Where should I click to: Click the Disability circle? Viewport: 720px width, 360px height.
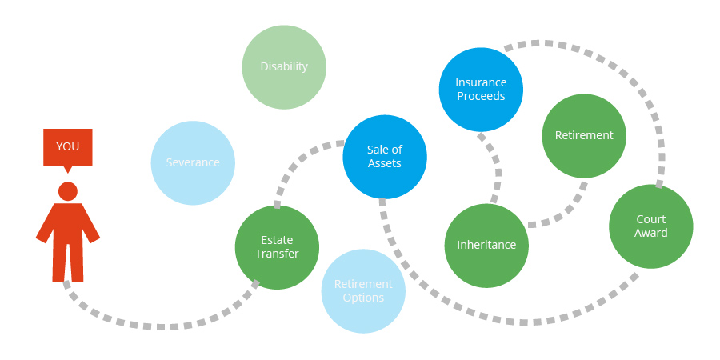pyautogui.click(x=284, y=67)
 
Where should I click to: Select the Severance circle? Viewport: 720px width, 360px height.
pyautogui.click(x=193, y=162)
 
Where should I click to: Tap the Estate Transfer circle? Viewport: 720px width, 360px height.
pyautogui.click(x=277, y=247)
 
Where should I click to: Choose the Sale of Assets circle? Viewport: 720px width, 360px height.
pyautogui.click(x=385, y=157)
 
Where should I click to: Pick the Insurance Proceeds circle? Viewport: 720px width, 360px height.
pyautogui.click(x=481, y=90)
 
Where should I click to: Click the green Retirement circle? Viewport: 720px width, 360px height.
pyautogui.click(x=584, y=136)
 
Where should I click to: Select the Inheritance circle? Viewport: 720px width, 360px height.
pyautogui.click(x=486, y=246)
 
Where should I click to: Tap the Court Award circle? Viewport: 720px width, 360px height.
pyautogui.click(x=651, y=226)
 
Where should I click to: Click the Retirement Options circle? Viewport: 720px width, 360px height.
pyautogui.click(x=363, y=291)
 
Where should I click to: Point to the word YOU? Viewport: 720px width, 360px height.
pyautogui.click(x=67, y=146)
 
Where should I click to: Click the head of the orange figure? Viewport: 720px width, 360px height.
pyautogui.click(x=68, y=191)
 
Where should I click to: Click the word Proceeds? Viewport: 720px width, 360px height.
pyautogui.click(x=481, y=97)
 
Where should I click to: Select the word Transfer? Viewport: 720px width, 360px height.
pyautogui.click(x=277, y=254)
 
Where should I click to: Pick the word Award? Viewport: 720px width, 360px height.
pyautogui.click(x=651, y=233)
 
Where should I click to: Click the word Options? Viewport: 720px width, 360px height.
pyautogui.click(x=363, y=298)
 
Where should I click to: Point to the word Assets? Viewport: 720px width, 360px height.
pyautogui.click(x=385, y=163)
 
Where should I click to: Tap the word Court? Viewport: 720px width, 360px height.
pyautogui.click(x=651, y=219)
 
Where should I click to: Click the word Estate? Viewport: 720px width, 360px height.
pyautogui.click(x=277, y=240)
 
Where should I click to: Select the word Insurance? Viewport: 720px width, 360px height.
pyautogui.click(x=481, y=82)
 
